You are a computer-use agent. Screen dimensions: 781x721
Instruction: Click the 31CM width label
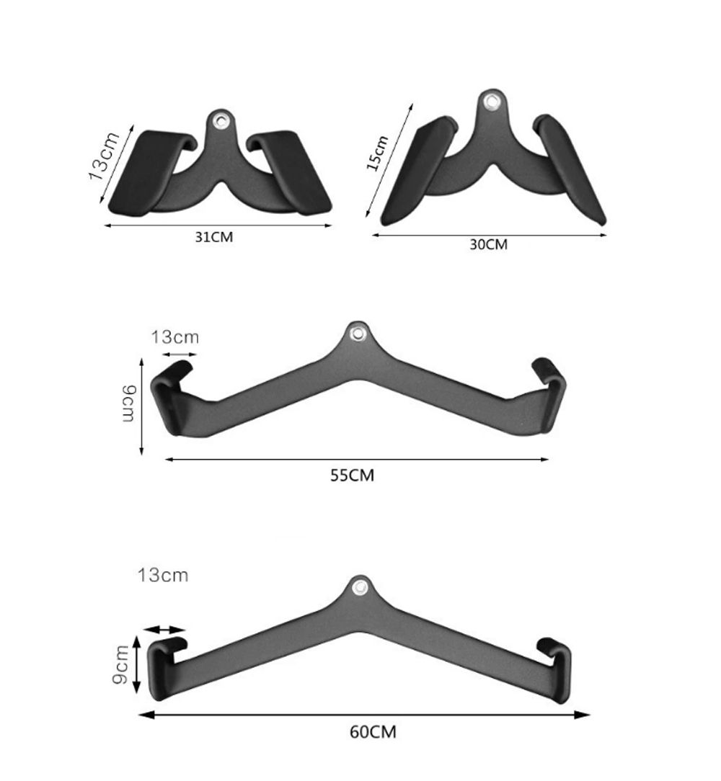213,237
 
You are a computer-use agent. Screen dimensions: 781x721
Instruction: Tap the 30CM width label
488,244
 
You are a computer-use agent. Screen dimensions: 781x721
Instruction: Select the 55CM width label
352,476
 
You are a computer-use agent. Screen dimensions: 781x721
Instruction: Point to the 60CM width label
373,731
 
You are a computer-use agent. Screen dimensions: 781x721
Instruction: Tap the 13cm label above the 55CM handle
174,336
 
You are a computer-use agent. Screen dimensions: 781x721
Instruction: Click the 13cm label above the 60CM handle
162,575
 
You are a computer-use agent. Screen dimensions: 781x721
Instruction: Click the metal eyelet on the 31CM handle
221,120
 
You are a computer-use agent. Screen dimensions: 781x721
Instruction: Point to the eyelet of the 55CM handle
356,333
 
